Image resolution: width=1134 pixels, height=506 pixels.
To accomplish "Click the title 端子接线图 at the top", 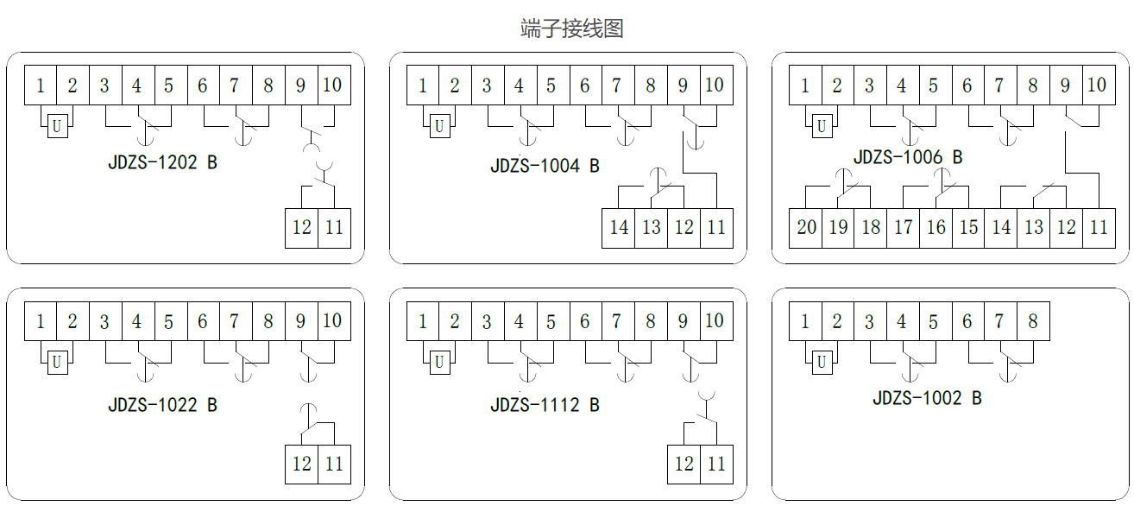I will pyautogui.click(x=572, y=28).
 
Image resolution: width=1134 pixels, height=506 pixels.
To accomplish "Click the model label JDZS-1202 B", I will pyautogui.click(x=162, y=161).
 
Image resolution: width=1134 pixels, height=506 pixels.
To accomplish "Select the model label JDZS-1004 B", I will pyautogui.click(x=545, y=166).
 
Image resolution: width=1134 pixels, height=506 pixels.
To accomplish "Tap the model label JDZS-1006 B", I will pyautogui.click(x=908, y=157).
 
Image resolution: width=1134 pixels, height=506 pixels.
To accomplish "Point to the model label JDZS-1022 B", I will pyautogui.click(x=162, y=405).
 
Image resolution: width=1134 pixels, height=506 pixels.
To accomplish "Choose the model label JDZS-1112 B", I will pyautogui.click(x=545, y=405).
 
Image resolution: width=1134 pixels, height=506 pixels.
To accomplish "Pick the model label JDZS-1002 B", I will pyautogui.click(x=927, y=398).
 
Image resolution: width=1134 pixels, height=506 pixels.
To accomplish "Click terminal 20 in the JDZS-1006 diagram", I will pyautogui.click(x=806, y=227).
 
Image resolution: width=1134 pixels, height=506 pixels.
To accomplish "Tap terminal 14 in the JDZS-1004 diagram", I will pyautogui.click(x=619, y=228).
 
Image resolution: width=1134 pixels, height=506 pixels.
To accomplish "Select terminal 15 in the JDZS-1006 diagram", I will pyautogui.click(x=968, y=227).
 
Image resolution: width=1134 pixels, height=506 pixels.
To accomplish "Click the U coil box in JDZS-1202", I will pyautogui.click(x=57, y=127).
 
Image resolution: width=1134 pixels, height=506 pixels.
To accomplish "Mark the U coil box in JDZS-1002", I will pyautogui.click(x=822, y=363).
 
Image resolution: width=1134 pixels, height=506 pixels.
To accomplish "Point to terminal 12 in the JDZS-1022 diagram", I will pyautogui.click(x=301, y=464).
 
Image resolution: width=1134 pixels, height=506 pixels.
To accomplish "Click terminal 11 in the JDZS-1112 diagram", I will pyautogui.click(x=716, y=464).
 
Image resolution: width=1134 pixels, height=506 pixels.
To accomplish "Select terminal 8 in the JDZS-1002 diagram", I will pyautogui.click(x=1033, y=322).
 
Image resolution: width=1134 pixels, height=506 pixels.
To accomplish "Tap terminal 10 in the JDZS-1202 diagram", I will pyautogui.click(x=332, y=85).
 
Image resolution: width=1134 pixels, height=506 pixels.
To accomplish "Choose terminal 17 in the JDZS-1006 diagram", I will pyautogui.click(x=904, y=227).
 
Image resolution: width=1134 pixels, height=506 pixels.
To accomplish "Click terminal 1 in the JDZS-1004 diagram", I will pyautogui.click(x=423, y=85).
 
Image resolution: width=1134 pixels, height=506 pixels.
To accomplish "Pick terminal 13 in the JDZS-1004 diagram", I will pyautogui.click(x=652, y=228).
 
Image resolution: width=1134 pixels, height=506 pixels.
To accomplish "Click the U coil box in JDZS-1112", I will pyautogui.click(x=439, y=363).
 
